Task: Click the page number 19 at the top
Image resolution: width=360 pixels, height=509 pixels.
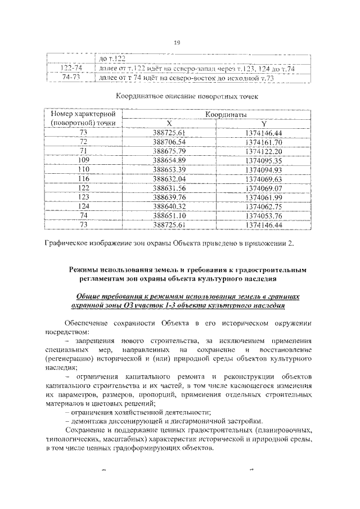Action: tap(179, 43)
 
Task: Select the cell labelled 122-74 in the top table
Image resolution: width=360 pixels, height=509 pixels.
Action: tap(71, 69)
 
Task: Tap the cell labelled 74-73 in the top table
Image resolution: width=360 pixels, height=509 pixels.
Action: tap(71, 78)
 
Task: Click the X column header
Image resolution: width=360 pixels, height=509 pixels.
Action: tap(169, 123)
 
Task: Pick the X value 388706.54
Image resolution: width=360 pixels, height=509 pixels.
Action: tap(169, 142)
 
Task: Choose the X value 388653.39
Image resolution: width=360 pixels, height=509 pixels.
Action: tap(169, 169)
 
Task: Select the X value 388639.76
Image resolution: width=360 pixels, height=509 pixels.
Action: tap(169, 197)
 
